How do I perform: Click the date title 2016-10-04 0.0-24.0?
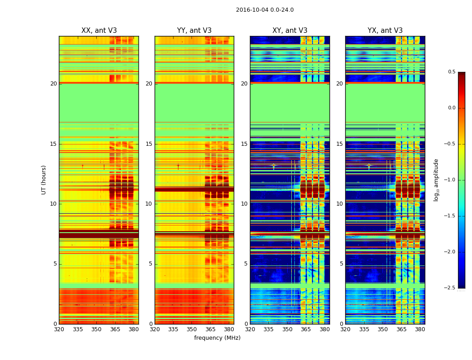(265, 10)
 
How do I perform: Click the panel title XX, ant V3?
(99, 31)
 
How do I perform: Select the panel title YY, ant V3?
(194, 31)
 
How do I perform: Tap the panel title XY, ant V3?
(290, 31)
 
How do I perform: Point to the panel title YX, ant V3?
(385, 31)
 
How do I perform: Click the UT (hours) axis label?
(44, 180)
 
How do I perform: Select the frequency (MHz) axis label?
(217, 338)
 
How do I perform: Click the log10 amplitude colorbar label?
(436, 180)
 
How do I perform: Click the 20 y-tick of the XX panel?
(53, 84)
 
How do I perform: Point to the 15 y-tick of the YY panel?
(149, 144)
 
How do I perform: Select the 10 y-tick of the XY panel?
(245, 204)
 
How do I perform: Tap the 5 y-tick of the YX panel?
(342, 264)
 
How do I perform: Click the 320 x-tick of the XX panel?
(59, 329)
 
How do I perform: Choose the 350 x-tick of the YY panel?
(191, 329)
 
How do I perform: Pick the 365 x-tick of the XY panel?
(306, 329)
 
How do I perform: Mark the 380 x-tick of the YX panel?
(420, 329)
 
